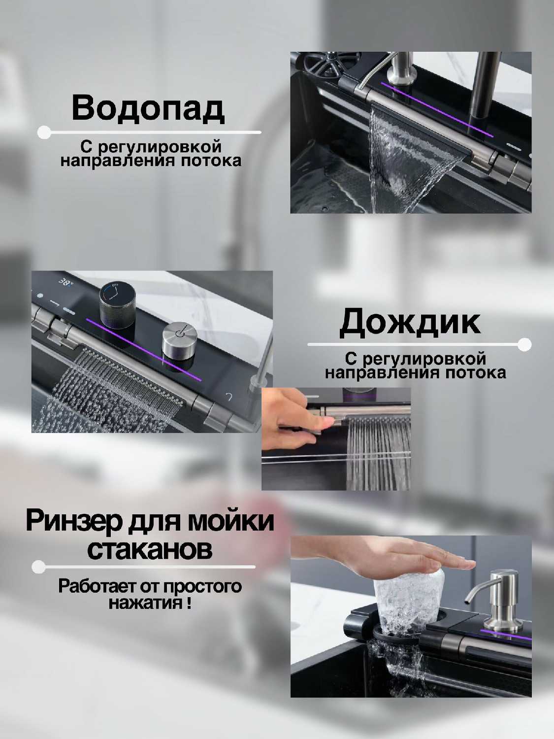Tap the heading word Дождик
click(410, 322)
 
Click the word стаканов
click(150, 550)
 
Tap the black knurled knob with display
click(118, 306)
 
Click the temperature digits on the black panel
click(65, 281)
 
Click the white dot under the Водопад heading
click(44, 133)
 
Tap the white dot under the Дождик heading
click(524, 344)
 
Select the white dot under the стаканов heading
click(38, 567)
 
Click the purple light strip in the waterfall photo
click(437, 109)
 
